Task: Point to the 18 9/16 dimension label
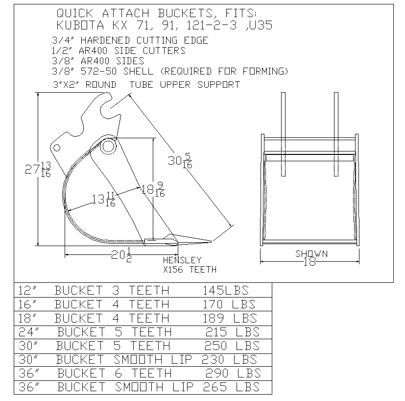[x=153, y=189]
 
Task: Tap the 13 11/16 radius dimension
[x=103, y=199]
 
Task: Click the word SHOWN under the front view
[x=311, y=254]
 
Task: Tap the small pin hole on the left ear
[x=57, y=148]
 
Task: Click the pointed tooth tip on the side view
[x=210, y=241]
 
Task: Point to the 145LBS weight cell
[x=226, y=290]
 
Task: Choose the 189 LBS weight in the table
[x=230, y=318]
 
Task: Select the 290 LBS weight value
[x=233, y=373]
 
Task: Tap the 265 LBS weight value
[x=230, y=387]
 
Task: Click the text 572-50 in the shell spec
[x=102, y=71]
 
